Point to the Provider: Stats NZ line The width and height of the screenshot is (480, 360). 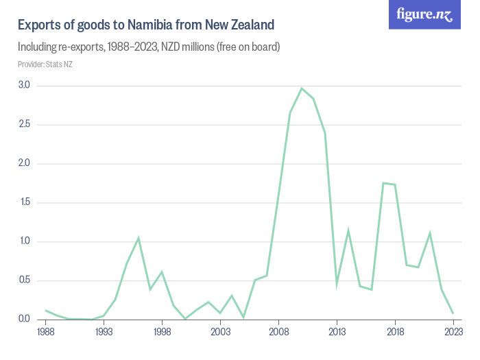point(45,64)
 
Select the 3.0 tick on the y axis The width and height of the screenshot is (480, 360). point(24,86)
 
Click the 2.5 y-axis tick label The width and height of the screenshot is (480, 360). point(24,125)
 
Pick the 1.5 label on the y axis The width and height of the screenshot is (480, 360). point(24,203)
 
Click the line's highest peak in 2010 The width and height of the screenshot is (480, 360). point(302,88)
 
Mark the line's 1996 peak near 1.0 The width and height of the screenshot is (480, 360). point(139,238)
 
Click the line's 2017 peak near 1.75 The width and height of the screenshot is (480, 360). point(383,183)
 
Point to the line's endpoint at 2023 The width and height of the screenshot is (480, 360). point(453,313)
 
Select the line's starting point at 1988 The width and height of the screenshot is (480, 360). point(46,311)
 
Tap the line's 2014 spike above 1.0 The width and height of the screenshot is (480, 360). point(348,231)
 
